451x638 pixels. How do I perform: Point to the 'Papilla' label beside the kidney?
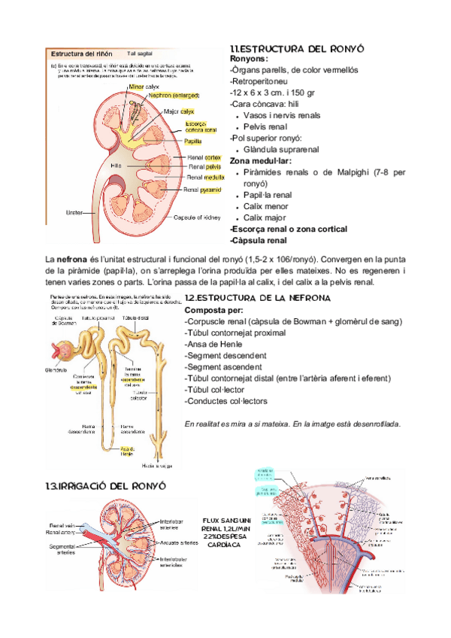click(x=192, y=141)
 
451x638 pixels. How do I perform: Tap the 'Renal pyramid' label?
click(x=204, y=190)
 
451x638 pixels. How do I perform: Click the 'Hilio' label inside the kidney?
click(x=116, y=164)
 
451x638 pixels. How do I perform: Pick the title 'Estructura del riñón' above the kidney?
click(x=83, y=54)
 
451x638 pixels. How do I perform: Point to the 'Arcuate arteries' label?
click(x=178, y=542)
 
